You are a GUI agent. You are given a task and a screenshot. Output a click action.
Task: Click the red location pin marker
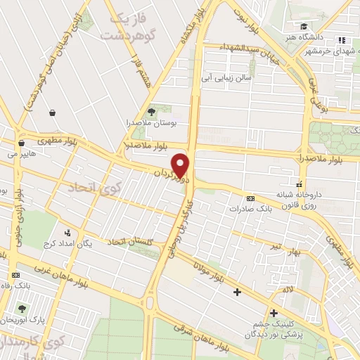pyautogui.click(x=182, y=165)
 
